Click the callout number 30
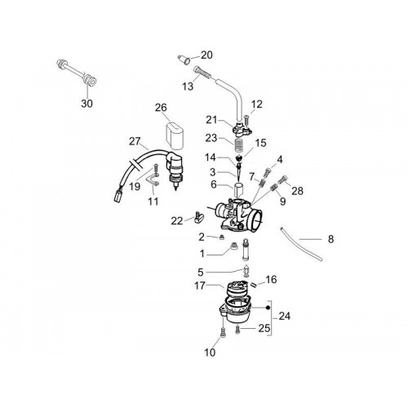point(86,104)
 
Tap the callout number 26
point(161,108)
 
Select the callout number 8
point(330,239)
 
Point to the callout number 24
point(285,317)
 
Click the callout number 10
point(210,353)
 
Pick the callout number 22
point(177,221)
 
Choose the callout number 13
point(188,86)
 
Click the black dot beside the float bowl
point(268,308)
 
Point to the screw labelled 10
point(223,333)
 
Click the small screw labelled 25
point(237,330)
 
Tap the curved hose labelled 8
point(300,244)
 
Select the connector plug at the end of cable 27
point(118,196)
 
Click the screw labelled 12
point(246,120)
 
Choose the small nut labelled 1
point(233,246)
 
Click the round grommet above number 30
point(90,80)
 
